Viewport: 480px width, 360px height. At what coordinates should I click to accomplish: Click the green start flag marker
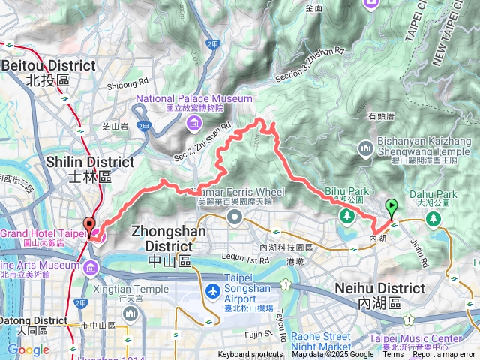(391, 207)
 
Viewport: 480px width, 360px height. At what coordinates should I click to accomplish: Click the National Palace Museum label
(194, 98)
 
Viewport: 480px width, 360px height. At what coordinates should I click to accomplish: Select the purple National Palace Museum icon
(194, 122)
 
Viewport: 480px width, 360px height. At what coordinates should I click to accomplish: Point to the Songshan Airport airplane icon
(213, 290)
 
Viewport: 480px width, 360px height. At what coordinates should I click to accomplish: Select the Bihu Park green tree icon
(346, 216)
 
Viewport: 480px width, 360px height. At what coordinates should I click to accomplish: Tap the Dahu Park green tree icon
(433, 217)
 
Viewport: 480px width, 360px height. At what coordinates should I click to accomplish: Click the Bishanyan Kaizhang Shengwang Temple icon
(367, 148)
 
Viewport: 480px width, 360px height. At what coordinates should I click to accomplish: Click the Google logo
(28, 349)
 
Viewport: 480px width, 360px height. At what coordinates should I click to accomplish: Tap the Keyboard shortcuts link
(250, 355)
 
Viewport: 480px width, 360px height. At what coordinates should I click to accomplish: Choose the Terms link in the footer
(393, 355)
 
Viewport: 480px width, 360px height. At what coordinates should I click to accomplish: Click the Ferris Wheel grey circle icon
(234, 217)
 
